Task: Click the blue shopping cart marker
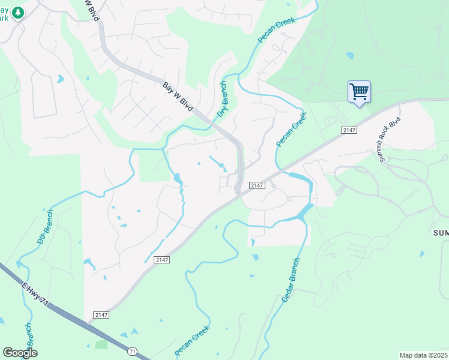[359, 92]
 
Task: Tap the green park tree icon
[18, 12]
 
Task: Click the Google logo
[20, 353]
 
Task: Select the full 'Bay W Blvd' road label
[178, 95]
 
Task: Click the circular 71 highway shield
[132, 350]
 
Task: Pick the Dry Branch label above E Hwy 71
[44, 226]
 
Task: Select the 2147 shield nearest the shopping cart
[348, 130]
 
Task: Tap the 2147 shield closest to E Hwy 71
[101, 315]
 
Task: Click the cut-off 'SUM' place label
[440, 232]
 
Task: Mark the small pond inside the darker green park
[349, 56]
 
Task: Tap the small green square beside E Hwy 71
[101, 344]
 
